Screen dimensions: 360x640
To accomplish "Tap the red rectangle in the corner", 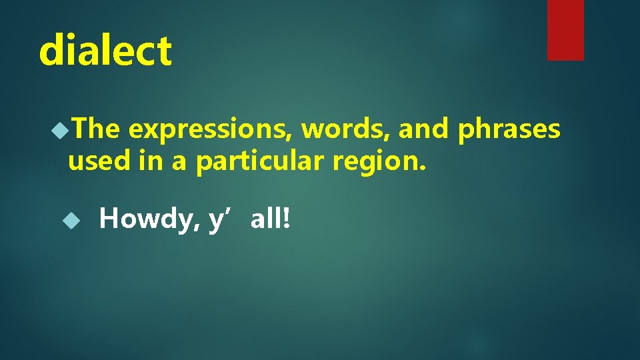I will (565, 30).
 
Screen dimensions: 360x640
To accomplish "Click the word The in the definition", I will (97, 129).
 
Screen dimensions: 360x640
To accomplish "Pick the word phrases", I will (509, 131).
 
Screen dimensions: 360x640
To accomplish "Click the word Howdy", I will (147, 219).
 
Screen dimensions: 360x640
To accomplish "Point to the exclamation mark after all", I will (287, 218).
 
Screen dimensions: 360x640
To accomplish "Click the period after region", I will (421, 168).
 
